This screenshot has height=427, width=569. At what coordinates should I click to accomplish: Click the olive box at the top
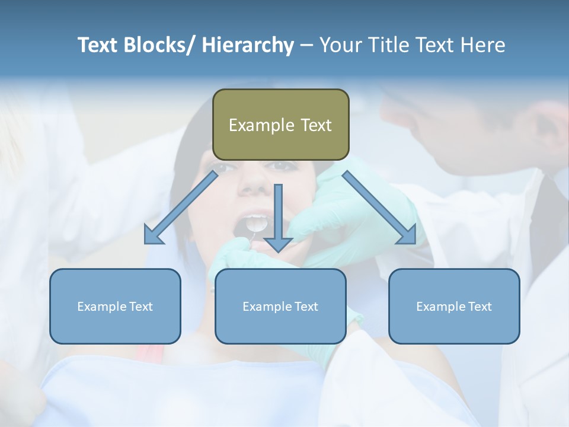pos(280,125)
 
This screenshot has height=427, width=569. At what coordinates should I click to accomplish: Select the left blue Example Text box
pos(115,306)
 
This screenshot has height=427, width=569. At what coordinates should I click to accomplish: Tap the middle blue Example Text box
pos(280,306)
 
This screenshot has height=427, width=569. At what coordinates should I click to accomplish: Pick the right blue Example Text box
pos(454,306)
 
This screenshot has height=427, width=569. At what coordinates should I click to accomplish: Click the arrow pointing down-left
pos(181,208)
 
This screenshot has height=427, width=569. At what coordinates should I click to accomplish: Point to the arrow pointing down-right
pos(379,208)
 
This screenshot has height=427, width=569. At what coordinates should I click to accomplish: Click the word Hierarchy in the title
pos(247,45)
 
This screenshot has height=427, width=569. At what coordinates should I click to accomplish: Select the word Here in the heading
pos(482,45)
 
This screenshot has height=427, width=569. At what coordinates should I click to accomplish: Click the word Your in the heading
pos(340,45)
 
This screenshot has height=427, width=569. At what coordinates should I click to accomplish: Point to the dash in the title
pos(306,46)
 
